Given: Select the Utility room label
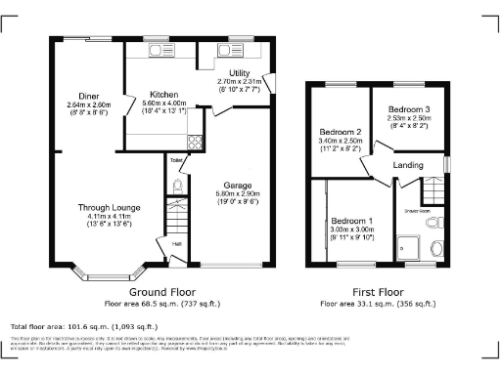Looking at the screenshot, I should coord(240,74).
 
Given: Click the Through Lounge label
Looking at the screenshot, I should coord(110,208).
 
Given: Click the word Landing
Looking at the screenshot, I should coord(408,165).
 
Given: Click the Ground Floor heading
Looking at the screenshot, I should coord(160,292).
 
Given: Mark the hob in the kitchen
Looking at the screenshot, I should coord(194,141).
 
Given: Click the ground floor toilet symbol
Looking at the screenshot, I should coord(176,186).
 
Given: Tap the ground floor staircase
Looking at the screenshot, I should coord(177,214).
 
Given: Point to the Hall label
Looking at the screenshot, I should coord(177,244).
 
